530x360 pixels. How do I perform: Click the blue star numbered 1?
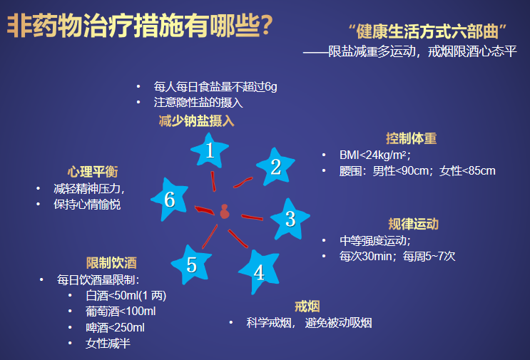pyautogui.click(x=210, y=151)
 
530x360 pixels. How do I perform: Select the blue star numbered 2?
pyautogui.click(x=275, y=167)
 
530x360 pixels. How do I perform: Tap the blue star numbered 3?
pyautogui.click(x=290, y=220)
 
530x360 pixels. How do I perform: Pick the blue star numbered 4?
pyautogui.click(x=260, y=272)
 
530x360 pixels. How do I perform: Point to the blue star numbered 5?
pyautogui.click(x=192, y=264)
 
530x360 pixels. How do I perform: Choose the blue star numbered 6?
pyautogui.click(x=169, y=200)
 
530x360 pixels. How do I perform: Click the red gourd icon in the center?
pyautogui.click(x=225, y=212)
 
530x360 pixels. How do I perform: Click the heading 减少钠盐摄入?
pyautogui.click(x=196, y=121)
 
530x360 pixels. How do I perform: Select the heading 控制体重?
pyautogui.click(x=412, y=138)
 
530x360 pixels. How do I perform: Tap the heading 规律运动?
pyautogui.click(x=414, y=224)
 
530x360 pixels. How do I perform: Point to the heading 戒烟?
pyautogui.click(x=307, y=307)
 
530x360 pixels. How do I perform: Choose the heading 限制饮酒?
pyautogui.click(x=111, y=263)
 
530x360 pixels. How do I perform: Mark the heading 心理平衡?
pyautogui.click(x=93, y=172)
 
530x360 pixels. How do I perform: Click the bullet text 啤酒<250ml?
pyautogui.click(x=116, y=328)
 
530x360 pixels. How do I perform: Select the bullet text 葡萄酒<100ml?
pyautogui.click(x=121, y=312)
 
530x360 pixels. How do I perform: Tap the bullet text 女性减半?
pyautogui.click(x=108, y=344)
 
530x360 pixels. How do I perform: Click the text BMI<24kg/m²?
pyautogui.click(x=375, y=155)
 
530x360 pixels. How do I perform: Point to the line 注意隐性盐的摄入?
pyautogui.click(x=198, y=103)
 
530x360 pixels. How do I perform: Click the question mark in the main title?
pyautogui.click(x=266, y=26)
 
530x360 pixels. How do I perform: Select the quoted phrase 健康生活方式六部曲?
pyautogui.click(x=427, y=32)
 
